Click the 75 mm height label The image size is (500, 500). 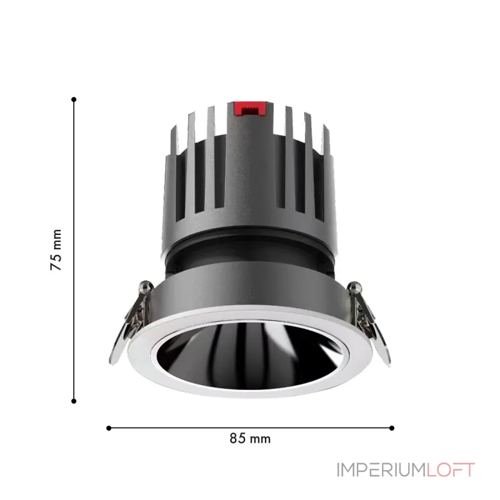click(x=57, y=249)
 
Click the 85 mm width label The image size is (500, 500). click(x=250, y=438)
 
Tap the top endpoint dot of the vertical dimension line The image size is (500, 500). click(x=74, y=99)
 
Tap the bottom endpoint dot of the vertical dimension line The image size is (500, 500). click(x=74, y=401)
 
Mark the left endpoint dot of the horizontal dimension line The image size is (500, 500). click(x=109, y=428)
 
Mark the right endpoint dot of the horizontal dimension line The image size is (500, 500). click(x=392, y=428)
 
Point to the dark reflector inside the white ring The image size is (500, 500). click(x=250, y=350)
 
